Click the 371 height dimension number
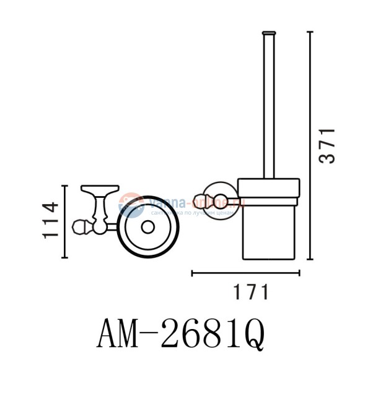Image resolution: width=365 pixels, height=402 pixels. (x=327, y=145)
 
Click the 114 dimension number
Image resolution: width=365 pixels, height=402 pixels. (x=51, y=220)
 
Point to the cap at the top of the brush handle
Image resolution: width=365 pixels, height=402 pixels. (x=268, y=32)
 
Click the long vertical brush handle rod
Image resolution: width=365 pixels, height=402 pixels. (x=268, y=105)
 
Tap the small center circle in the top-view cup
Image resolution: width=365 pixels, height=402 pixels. (x=147, y=227)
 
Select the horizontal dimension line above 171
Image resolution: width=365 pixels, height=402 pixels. (x=245, y=272)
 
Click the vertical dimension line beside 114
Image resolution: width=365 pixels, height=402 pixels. (x=66, y=221)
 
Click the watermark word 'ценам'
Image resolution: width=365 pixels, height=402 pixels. (x=221, y=211)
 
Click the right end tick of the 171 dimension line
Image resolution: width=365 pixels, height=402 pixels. (x=299, y=272)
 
